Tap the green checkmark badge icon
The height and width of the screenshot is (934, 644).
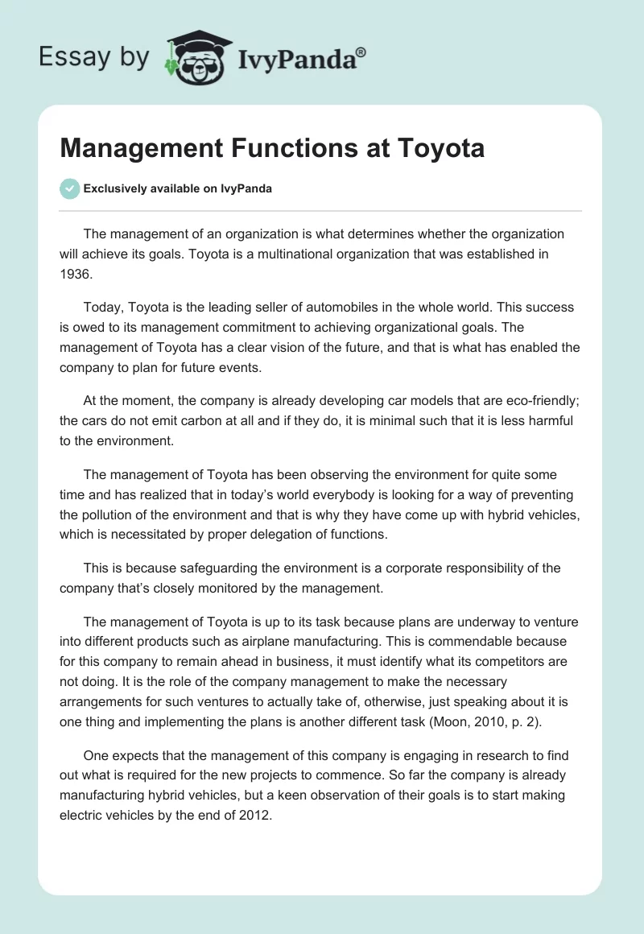[x=69, y=188]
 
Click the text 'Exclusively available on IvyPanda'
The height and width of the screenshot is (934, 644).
[x=178, y=188]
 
